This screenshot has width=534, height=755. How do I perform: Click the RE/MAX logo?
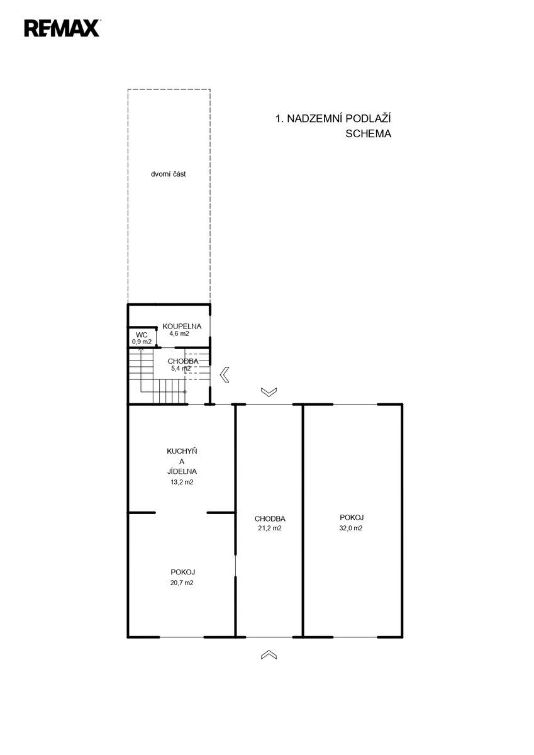pyautogui.click(x=62, y=28)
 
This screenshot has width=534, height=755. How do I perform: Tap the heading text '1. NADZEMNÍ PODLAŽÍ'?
pyautogui.click(x=333, y=118)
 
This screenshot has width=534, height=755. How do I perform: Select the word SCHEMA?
pyautogui.click(x=368, y=134)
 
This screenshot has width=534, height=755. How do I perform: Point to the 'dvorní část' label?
pyautogui.click(x=168, y=174)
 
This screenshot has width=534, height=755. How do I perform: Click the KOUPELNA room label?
pyautogui.click(x=182, y=327)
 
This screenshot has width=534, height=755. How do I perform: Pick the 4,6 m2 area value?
pyautogui.click(x=179, y=333)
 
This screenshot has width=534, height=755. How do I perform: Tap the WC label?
pyautogui.click(x=142, y=335)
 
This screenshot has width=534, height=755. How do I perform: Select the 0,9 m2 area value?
pyautogui.click(x=142, y=342)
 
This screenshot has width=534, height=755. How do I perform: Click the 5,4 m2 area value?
pyautogui.click(x=181, y=369)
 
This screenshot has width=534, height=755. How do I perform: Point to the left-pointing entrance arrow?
pyautogui.click(x=224, y=374)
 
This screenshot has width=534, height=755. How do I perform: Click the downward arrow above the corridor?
pyautogui.click(x=269, y=392)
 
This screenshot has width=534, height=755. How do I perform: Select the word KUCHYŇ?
pyautogui.click(x=182, y=451)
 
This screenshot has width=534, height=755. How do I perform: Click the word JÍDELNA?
pyautogui.click(x=182, y=471)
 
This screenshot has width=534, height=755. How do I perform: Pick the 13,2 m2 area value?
pyautogui.click(x=182, y=482)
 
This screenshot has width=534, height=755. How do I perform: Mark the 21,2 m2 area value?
pyautogui.click(x=270, y=528)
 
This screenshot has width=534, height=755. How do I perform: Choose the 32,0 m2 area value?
pyautogui.click(x=351, y=528)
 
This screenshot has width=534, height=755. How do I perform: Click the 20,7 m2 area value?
pyautogui.click(x=182, y=583)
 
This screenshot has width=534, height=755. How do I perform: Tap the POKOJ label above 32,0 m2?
pyautogui.click(x=352, y=517)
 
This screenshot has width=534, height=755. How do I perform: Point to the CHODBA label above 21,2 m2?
pyautogui.click(x=270, y=518)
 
